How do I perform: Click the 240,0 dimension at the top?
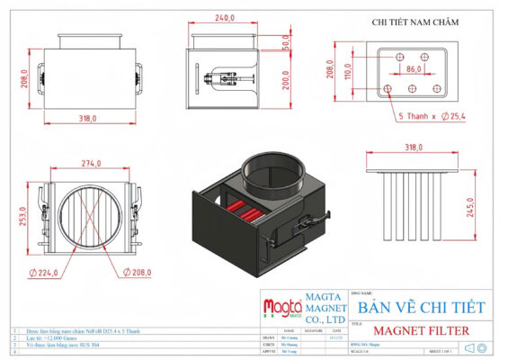point(227,18)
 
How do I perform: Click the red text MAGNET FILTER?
point(420,331)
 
